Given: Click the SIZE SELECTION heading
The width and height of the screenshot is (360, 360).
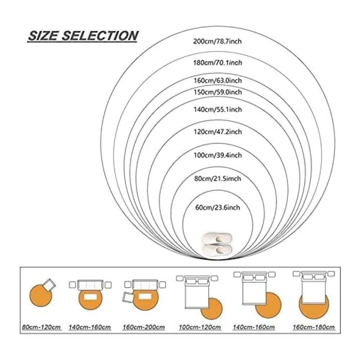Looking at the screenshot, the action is (82, 36).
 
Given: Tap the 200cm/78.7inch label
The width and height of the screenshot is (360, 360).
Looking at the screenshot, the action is (217, 41).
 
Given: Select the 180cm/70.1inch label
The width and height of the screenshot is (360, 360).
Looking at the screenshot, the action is (217, 62).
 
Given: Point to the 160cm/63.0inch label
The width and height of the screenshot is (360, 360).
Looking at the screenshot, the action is (217, 81).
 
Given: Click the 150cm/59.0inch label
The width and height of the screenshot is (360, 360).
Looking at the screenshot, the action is (217, 92).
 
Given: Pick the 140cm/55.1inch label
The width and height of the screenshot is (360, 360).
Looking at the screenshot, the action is (217, 109).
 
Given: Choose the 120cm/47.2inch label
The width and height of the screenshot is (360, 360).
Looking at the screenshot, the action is (217, 132).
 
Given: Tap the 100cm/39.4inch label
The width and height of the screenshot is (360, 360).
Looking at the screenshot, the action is (217, 155).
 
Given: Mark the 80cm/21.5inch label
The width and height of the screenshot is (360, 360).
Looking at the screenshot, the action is (217, 179).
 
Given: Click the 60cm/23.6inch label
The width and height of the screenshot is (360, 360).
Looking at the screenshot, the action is (217, 208).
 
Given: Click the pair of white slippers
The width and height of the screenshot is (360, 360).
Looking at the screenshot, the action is (216, 244).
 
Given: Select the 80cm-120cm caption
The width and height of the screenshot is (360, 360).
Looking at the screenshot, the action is (41, 327).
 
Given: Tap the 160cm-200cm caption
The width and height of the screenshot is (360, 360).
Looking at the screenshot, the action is (144, 327).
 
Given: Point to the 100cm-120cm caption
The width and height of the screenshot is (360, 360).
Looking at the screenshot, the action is (200, 327).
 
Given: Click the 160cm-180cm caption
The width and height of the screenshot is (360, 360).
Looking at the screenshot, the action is (314, 327).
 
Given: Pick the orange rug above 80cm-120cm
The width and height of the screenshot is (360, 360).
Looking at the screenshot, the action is (41, 296).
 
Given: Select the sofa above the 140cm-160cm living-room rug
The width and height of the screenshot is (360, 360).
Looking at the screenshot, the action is (90, 285).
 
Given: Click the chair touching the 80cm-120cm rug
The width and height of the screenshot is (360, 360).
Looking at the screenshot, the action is (49, 285).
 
